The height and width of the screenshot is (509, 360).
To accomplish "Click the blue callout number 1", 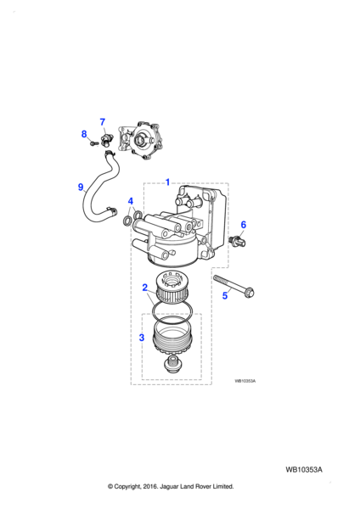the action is click(167, 182).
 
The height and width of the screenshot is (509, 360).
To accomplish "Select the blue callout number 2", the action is click(145, 288).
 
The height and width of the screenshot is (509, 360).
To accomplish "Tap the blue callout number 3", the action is click(141, 338).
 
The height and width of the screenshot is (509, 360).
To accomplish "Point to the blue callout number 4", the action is click(131, 201).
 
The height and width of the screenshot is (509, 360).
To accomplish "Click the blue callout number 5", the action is click(225, 296).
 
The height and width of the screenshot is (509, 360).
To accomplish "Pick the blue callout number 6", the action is click(244, 225).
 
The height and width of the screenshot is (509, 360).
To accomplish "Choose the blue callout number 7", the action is click(103, 121).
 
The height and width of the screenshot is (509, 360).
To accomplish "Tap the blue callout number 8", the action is click(84, 134).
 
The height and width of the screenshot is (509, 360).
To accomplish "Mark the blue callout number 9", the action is click(81, 187).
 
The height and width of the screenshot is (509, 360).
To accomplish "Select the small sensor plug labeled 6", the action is click(237, 241).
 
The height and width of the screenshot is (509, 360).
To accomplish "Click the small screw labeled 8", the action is click(93, 143).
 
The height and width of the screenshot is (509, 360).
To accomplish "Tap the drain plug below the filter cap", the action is click(172, 364).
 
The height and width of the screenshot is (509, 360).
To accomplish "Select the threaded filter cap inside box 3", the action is click(171, 338).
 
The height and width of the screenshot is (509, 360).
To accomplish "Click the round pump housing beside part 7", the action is click(139, 141).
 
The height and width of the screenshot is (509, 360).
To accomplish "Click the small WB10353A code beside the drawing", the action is click(245, 381).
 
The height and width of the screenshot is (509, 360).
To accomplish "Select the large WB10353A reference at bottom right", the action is click(304, 470).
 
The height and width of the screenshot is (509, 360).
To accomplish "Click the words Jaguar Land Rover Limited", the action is click(196, 487).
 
